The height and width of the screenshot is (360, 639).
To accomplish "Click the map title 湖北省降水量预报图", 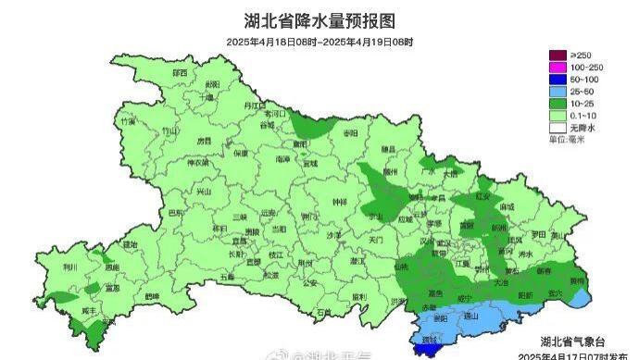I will coord(319,20).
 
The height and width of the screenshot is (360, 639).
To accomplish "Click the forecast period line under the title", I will coord(319,43).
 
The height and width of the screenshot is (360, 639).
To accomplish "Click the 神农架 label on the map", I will coord(197,163).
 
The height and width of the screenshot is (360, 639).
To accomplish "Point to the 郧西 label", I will coord(179,72).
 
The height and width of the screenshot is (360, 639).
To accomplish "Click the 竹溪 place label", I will coord(127,121).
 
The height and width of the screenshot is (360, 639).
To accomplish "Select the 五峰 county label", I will coord(228,276).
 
